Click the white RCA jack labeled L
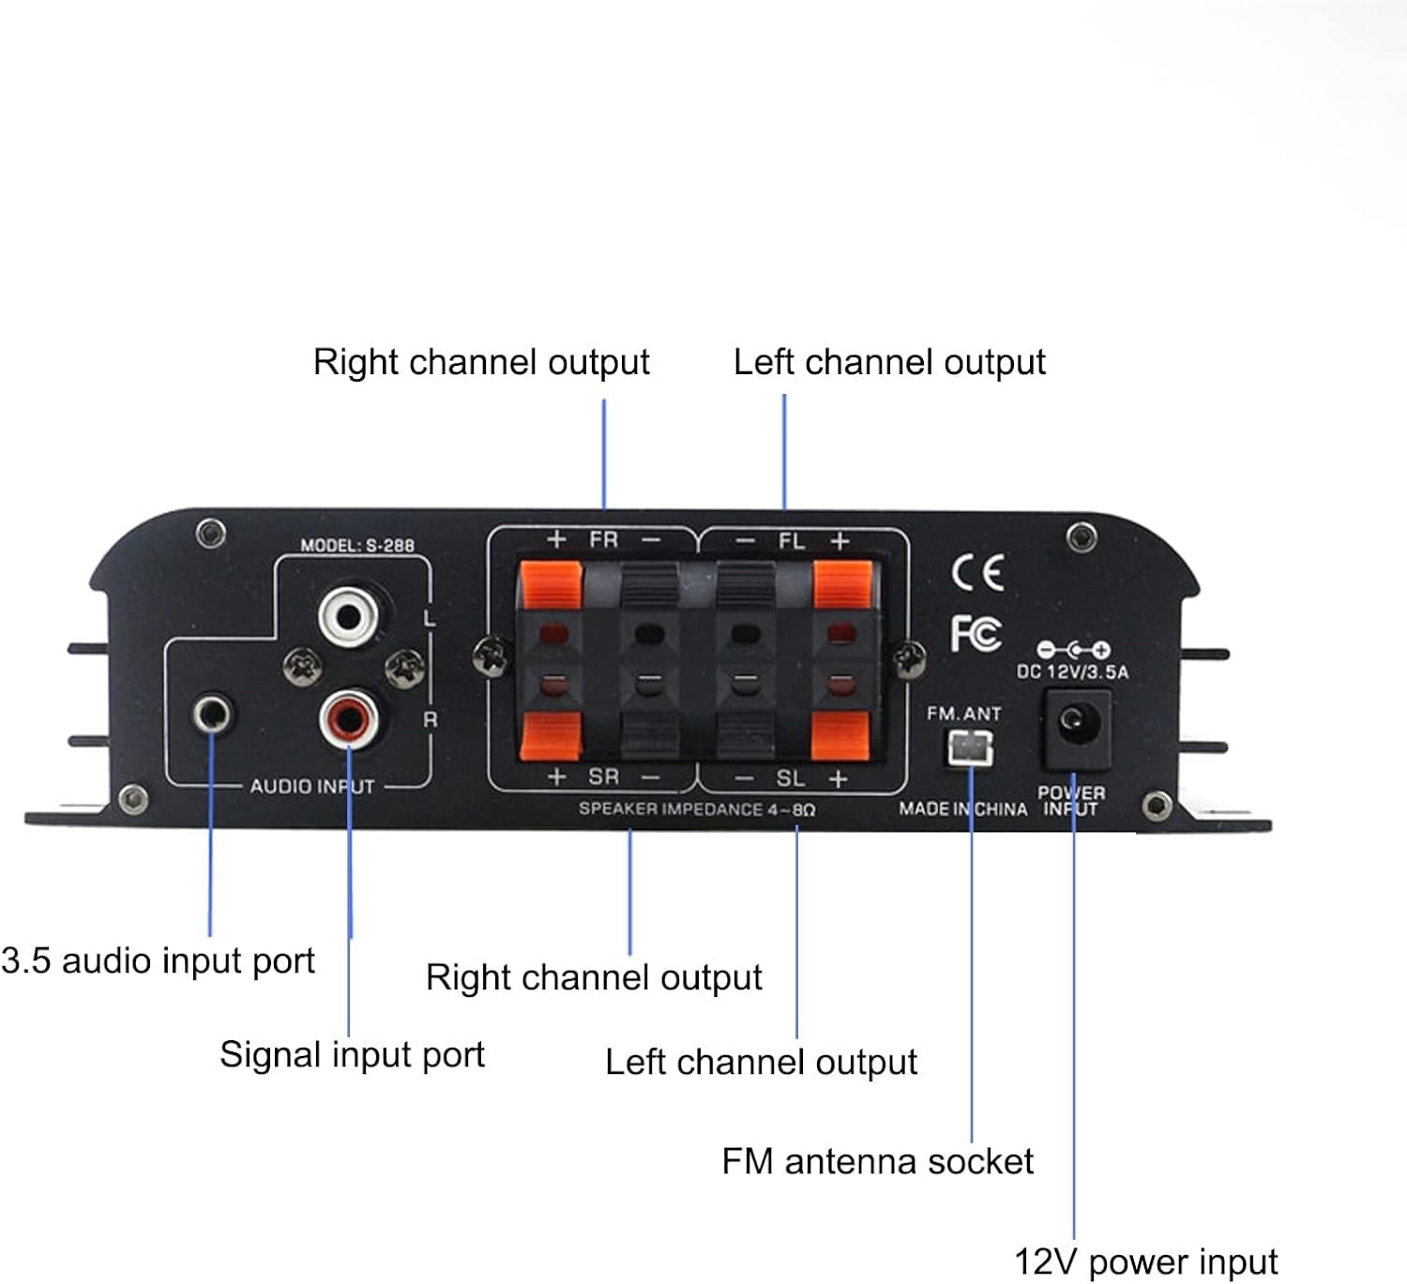(x=348, y=616)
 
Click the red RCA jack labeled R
(x=348, y=719)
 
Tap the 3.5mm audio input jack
(x=212, y=716)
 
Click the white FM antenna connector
(x=970, y=748)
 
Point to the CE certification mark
(x=977, y=572)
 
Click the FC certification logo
(x=976, y=634)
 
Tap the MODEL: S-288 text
(x=356, y=545)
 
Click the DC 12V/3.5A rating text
(x=1072, y=672)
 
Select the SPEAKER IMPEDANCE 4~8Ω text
(x=696, y=808)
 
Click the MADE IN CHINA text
(x=962, y=808)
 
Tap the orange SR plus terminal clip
(x=551, y=734)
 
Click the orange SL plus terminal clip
(x=840, y=734)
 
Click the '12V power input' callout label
(x=1145, y=1261)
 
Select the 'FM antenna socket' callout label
(x=877, y=1161)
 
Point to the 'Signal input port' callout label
(x=352, y=1054)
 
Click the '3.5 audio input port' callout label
(x=158, y=960)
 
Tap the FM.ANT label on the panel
(x=963, y=714)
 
